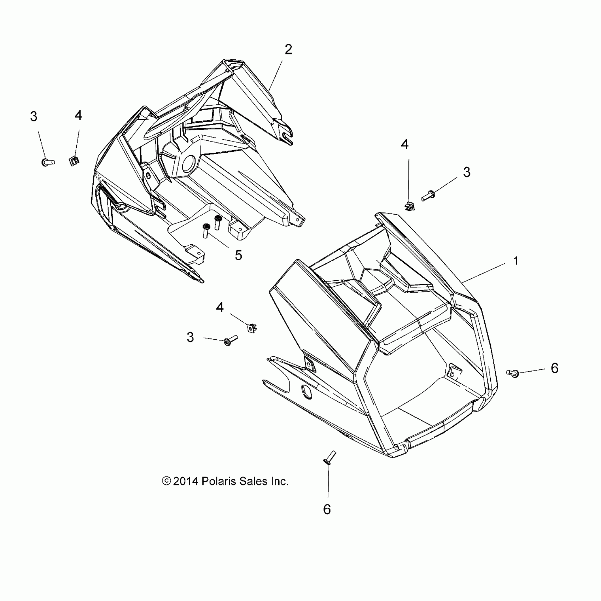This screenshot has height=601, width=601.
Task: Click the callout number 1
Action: coord(516,261)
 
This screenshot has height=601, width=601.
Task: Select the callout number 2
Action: coord(288,50)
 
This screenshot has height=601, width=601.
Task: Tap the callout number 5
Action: coord(238,255)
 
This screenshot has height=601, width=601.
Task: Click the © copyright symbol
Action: coord(166,481)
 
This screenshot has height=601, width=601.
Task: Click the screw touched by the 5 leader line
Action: coord(206,231)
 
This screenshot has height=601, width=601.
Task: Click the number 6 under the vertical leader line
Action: coord(327,509)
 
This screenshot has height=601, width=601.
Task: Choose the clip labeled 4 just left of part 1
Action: coord(251,328)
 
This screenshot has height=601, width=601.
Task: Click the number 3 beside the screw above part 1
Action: coord(467,173)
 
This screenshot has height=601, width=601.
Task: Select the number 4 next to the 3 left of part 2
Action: coord(78,116)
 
